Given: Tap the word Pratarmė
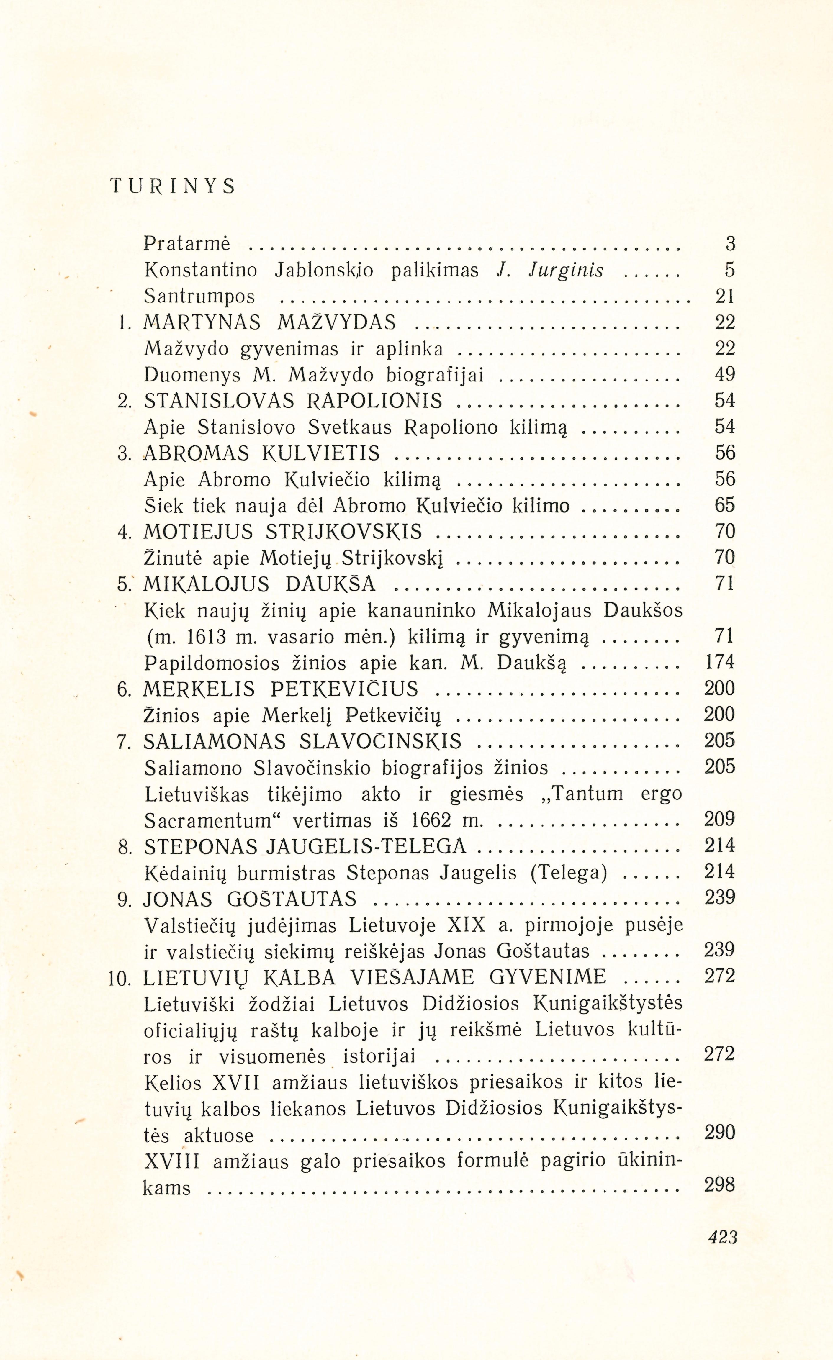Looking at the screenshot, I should (186, 243).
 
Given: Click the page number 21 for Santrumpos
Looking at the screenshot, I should (724, 296).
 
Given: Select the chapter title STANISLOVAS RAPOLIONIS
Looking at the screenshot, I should (293, 401).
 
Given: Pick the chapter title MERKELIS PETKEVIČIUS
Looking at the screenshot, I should (280, 689).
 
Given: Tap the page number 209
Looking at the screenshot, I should (719, 819).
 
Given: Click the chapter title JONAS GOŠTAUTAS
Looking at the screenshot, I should (250, 899).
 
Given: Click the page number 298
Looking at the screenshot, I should (720, 1185).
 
